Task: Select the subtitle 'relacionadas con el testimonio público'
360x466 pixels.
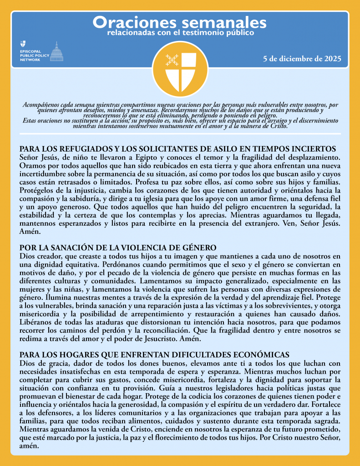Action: (x=180, y=33)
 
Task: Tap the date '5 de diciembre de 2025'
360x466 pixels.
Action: (x=302, y=59)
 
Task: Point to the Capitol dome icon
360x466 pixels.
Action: (x=56, y=51)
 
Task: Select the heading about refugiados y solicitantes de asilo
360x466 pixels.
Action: (x=178, y=149)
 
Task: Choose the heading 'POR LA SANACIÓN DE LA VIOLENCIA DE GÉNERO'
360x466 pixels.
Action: (x=117, y=248)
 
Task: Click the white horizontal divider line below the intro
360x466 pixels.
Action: (x=180, y=134)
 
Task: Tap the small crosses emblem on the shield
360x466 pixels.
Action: (x=172, y=59)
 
